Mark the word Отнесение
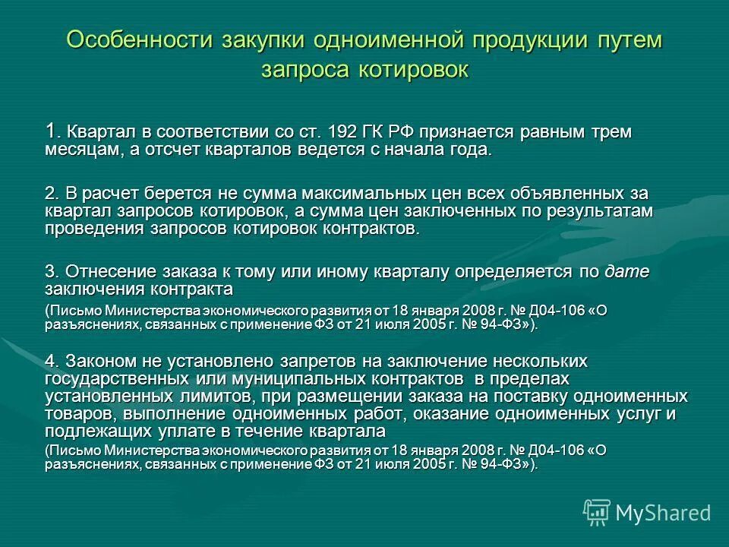111,271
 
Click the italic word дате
626,271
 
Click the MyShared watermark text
663,513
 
